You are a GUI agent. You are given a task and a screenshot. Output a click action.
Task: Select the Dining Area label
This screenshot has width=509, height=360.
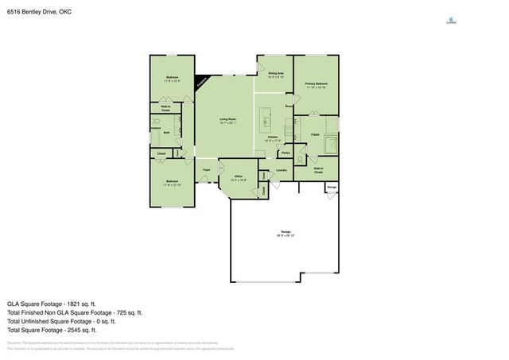point(276,75)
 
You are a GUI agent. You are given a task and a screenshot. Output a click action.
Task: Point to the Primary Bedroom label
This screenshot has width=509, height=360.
point(316,85)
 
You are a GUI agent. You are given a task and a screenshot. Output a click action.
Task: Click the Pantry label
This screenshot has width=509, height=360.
point(286,152)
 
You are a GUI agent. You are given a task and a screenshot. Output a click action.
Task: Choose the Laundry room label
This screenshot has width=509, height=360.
point(281,170)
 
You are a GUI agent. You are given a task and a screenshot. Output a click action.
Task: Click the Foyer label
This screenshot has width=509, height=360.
point(207,170)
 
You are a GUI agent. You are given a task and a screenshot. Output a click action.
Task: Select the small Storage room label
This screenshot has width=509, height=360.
point(332,187)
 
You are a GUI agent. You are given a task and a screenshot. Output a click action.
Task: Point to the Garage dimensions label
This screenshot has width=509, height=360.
point(286,234)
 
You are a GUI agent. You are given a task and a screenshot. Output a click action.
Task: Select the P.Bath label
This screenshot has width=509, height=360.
point(315,134)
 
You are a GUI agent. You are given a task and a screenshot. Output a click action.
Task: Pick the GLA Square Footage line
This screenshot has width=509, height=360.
point(51,304)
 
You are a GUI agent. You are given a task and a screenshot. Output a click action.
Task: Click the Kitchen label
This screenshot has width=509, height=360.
point(272,138)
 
